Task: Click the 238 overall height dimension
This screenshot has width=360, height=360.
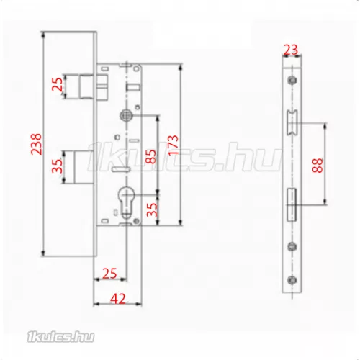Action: pyautogui.click(x=36, y=144)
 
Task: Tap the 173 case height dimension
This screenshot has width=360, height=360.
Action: pyautogui.click(x=174, y=145)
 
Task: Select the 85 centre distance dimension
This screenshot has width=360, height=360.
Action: pyautogui.click(x=150, y=156)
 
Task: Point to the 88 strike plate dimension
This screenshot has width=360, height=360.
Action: pyautogui.click(x=318, y=165)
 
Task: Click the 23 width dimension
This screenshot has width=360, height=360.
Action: pyautogui.click(x=291, y=50)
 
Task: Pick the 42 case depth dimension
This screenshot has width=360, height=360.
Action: pyautogui.click(x=118, y=299)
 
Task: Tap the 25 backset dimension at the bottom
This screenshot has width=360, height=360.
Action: pyautogui.click(x=109, y=273)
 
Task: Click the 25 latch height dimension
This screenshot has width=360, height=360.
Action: pyautogui.click(x=58, y=84)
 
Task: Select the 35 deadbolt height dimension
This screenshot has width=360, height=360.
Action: pyautogui.click(x=58, y=166)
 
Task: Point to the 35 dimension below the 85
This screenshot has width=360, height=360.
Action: pyautogui.click(x=152, y=210)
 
